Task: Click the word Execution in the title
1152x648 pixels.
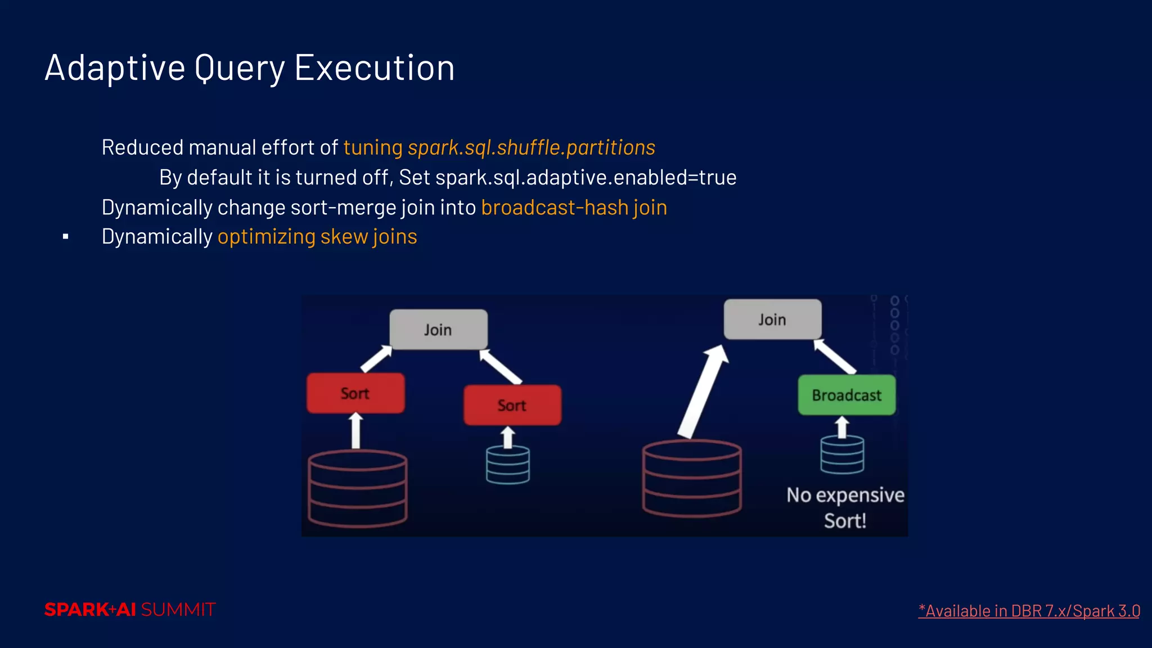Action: click(374, 68)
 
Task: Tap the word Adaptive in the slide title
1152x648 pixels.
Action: click(115, 68)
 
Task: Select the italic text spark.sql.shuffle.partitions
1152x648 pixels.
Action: click(531, 147)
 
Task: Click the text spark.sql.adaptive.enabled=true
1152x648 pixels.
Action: click(586, 178)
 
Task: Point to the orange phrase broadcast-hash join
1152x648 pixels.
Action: click(574, 208)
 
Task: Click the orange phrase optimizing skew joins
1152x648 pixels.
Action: click(317, 237)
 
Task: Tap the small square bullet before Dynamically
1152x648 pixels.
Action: click(66, 237)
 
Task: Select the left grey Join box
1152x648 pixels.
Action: click(438, 330)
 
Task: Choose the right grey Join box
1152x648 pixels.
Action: click(772, 319)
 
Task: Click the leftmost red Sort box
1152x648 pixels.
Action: click(355, 393)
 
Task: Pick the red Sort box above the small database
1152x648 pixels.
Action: click(512, 405)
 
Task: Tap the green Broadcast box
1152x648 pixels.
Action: click(847, 395)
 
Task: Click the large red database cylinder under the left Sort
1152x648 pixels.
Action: click(358, 488)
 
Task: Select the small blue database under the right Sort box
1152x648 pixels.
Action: click(508, 465)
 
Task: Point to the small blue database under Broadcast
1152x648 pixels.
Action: click(842, 454)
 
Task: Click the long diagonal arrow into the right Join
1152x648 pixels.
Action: click(703, 391)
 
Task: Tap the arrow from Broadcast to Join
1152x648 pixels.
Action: click(835, 356)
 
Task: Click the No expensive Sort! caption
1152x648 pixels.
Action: click(845, 507)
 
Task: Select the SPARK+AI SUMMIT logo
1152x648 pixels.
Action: click(130, 610)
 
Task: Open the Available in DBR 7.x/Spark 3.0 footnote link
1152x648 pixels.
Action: click(1029, 611)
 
